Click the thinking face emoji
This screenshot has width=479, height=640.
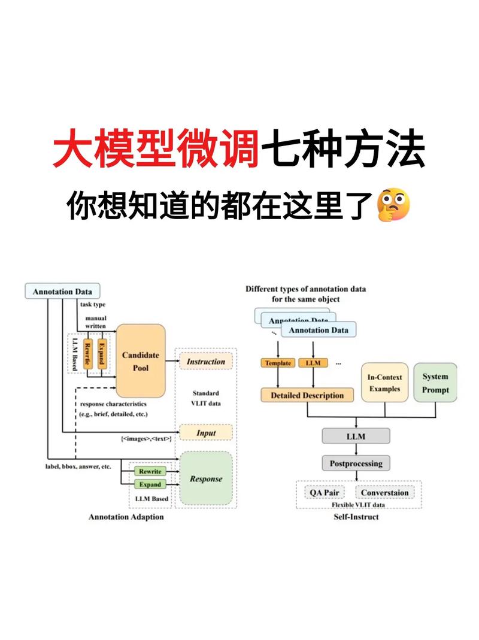393,205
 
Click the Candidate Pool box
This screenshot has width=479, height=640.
140,361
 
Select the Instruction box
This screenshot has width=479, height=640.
206,362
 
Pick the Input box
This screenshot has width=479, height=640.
206,432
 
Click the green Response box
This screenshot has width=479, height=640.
205,478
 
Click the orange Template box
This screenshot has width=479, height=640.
277,363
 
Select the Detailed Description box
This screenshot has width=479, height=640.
307,395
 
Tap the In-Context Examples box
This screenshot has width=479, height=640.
384,382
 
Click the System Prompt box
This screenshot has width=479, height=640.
435,382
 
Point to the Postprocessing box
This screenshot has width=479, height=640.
356,463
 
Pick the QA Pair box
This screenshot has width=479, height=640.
324,493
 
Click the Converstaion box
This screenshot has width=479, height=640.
385,493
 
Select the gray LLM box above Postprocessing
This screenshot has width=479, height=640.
356,436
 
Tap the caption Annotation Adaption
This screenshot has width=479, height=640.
126,517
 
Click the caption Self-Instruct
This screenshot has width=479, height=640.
356,516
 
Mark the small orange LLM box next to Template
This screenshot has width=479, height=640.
313,363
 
